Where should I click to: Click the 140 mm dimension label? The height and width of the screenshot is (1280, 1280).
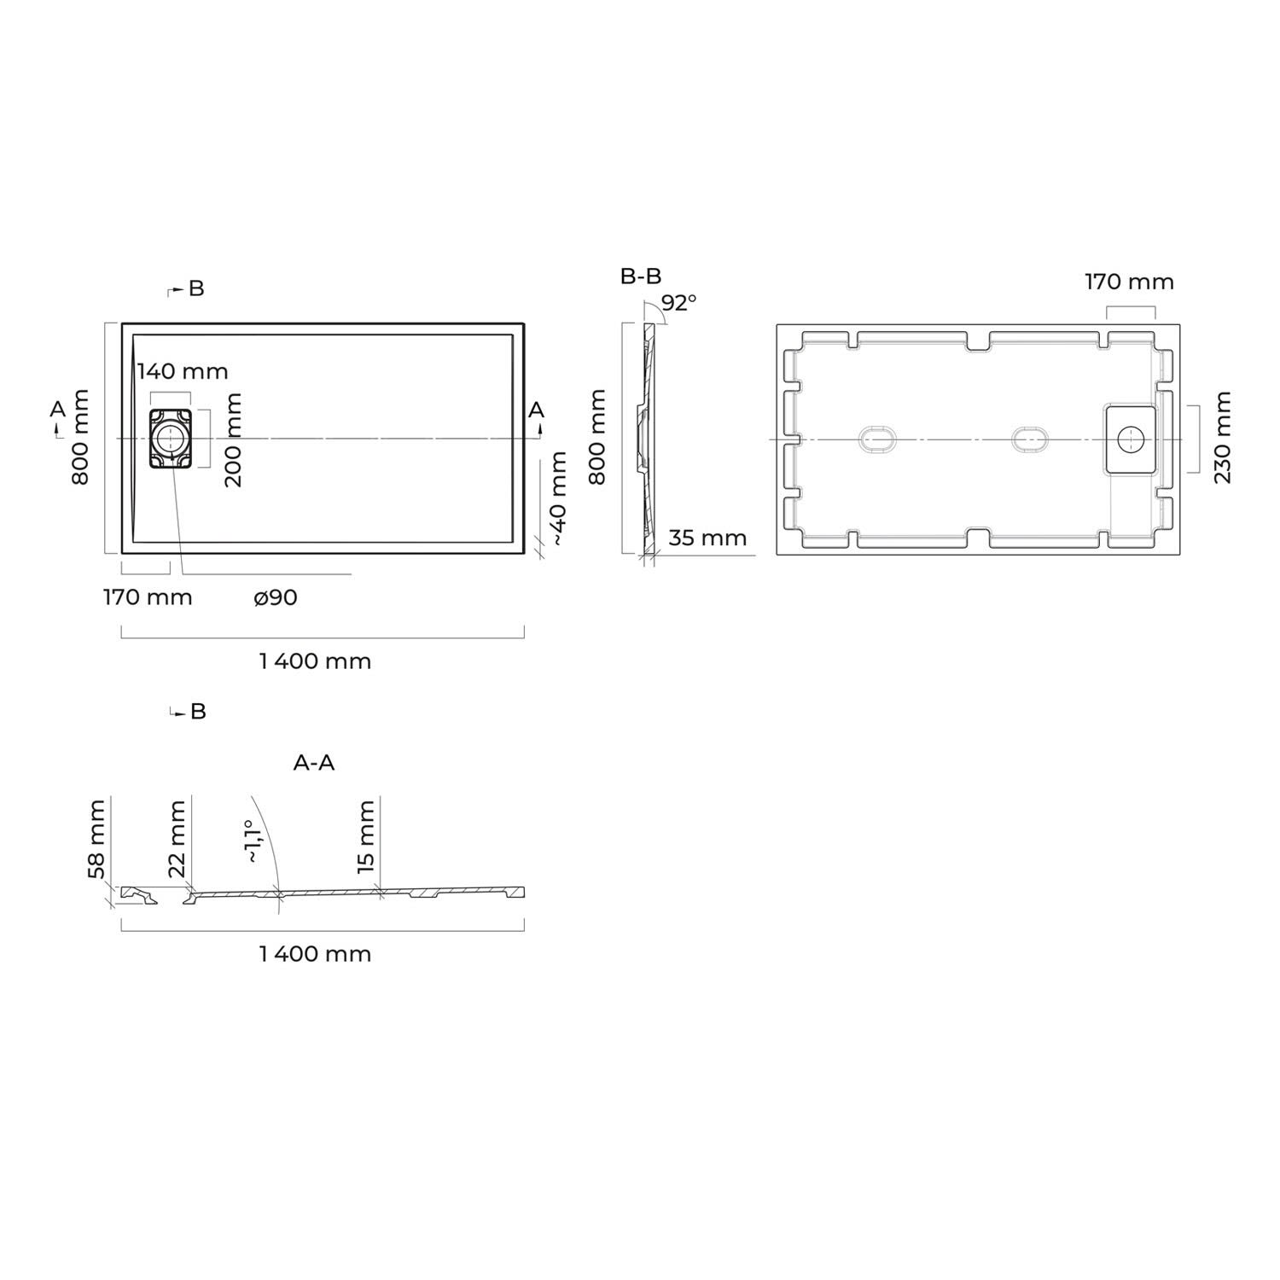[x=183, y=371]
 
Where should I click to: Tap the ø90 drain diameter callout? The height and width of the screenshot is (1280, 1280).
[x=275, y=597]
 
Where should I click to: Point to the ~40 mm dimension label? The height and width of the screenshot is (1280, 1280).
[x=558, y=499]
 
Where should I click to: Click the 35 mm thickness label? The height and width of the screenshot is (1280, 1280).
[x=707, y=538]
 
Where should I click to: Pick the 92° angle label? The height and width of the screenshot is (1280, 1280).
[x=679, y=302]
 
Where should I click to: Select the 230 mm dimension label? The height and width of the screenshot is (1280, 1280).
[x=1222, y=438]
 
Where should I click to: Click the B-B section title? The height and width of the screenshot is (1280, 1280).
[x=641, y=276]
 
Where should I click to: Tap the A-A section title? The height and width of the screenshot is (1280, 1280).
[x=314, y=763]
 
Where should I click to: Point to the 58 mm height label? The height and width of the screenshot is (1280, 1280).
[x=96, y=839]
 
